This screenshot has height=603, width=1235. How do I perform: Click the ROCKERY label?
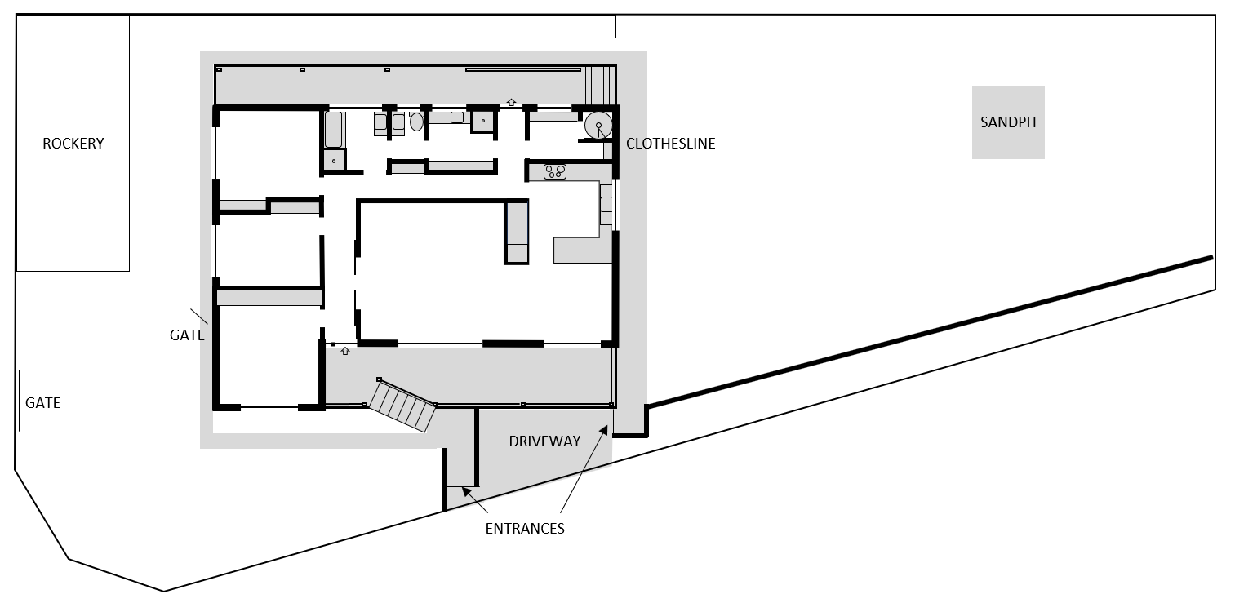(73, 144)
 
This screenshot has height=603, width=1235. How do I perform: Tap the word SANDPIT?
(1008, 122)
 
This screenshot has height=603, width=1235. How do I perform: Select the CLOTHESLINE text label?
(670, 144)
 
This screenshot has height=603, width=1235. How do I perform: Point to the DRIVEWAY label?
(544, 441)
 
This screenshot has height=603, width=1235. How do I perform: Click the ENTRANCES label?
(525, 529)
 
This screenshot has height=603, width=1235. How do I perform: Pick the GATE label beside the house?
(187, 335)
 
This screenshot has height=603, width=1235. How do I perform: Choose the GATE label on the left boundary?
(43, 403)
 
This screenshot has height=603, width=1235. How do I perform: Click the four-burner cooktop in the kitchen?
(554, 172)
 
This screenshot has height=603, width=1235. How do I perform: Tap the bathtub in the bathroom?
(334, 130)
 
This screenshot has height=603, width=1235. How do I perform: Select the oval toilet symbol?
(416, 122)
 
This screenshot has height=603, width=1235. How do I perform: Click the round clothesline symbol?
(598, 125)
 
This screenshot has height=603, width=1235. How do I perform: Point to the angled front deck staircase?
(402, 406)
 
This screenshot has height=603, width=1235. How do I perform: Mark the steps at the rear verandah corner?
(600, 85)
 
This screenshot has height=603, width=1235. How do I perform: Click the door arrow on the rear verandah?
(511, 102)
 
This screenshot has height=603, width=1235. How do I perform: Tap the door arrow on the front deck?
(345, 351)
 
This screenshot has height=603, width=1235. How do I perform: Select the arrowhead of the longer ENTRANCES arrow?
(604, 429)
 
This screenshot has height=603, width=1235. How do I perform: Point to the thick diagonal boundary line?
(930, 331)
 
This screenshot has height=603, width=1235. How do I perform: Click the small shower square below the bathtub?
(334, 160)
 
